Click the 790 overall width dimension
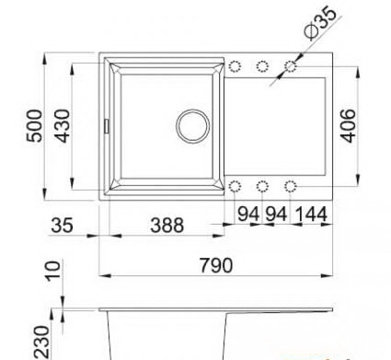[x=216, y=265]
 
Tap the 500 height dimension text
[x=34, y=126]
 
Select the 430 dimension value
[x=63, y=126]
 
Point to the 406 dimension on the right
[x=349, y=125]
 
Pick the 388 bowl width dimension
[x=167, y=225]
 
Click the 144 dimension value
[x=311, y=214]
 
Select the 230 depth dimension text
[x=41, y=343]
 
